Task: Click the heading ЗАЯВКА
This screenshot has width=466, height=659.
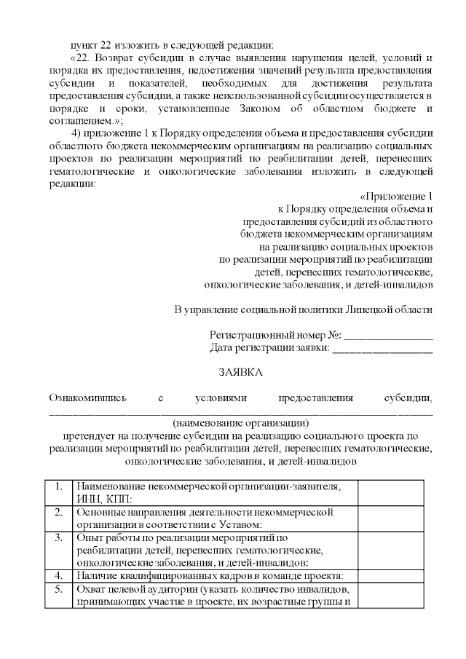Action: (x=241, y=372)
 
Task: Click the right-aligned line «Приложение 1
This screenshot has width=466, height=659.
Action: (x=396, y=196)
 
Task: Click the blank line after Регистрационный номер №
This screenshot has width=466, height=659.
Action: (x=388, y=336)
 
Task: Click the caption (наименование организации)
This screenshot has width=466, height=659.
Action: (x=240, y=422)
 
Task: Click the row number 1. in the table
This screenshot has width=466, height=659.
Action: (x=59, y=486)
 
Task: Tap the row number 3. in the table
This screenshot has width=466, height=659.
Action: (x=59, y=537)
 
